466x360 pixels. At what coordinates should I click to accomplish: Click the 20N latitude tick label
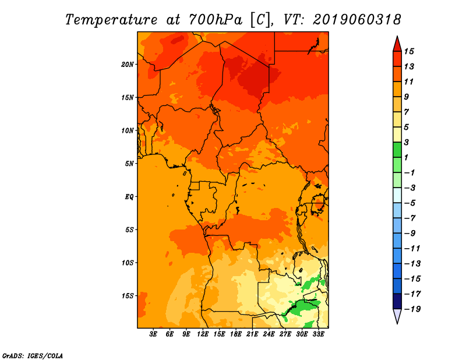point(128,65)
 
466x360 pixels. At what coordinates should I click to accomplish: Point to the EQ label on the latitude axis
point(129,197)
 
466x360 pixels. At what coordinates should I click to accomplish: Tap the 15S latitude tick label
point(128,296)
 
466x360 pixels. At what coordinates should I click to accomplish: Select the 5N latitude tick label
point(129,164)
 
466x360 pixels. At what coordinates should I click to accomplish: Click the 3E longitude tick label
point(153,334)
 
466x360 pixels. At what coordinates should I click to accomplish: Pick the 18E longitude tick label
point(236,334)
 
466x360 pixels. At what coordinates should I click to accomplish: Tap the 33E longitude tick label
point(318,334)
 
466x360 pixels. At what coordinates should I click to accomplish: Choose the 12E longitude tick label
point(203,334)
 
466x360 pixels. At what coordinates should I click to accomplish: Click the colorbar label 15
point(409,51)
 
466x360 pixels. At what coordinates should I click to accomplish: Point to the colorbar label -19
point(412,309)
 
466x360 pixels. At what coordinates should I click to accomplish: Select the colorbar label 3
point(406,142)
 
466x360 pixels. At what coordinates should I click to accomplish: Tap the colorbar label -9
point(410,233)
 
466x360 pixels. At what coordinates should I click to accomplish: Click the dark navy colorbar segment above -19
point(397,301)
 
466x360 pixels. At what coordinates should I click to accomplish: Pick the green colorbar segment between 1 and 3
point(397,150)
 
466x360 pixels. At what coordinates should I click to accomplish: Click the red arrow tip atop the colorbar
point(397,37)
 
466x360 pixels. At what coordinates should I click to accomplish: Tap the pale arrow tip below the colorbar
point(397,323)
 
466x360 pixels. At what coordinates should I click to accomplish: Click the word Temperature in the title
point(111,20)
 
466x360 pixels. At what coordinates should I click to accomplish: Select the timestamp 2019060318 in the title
point(357,20)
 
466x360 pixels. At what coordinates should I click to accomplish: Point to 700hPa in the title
point(216,20)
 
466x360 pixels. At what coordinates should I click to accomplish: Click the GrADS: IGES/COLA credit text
point(33,355)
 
